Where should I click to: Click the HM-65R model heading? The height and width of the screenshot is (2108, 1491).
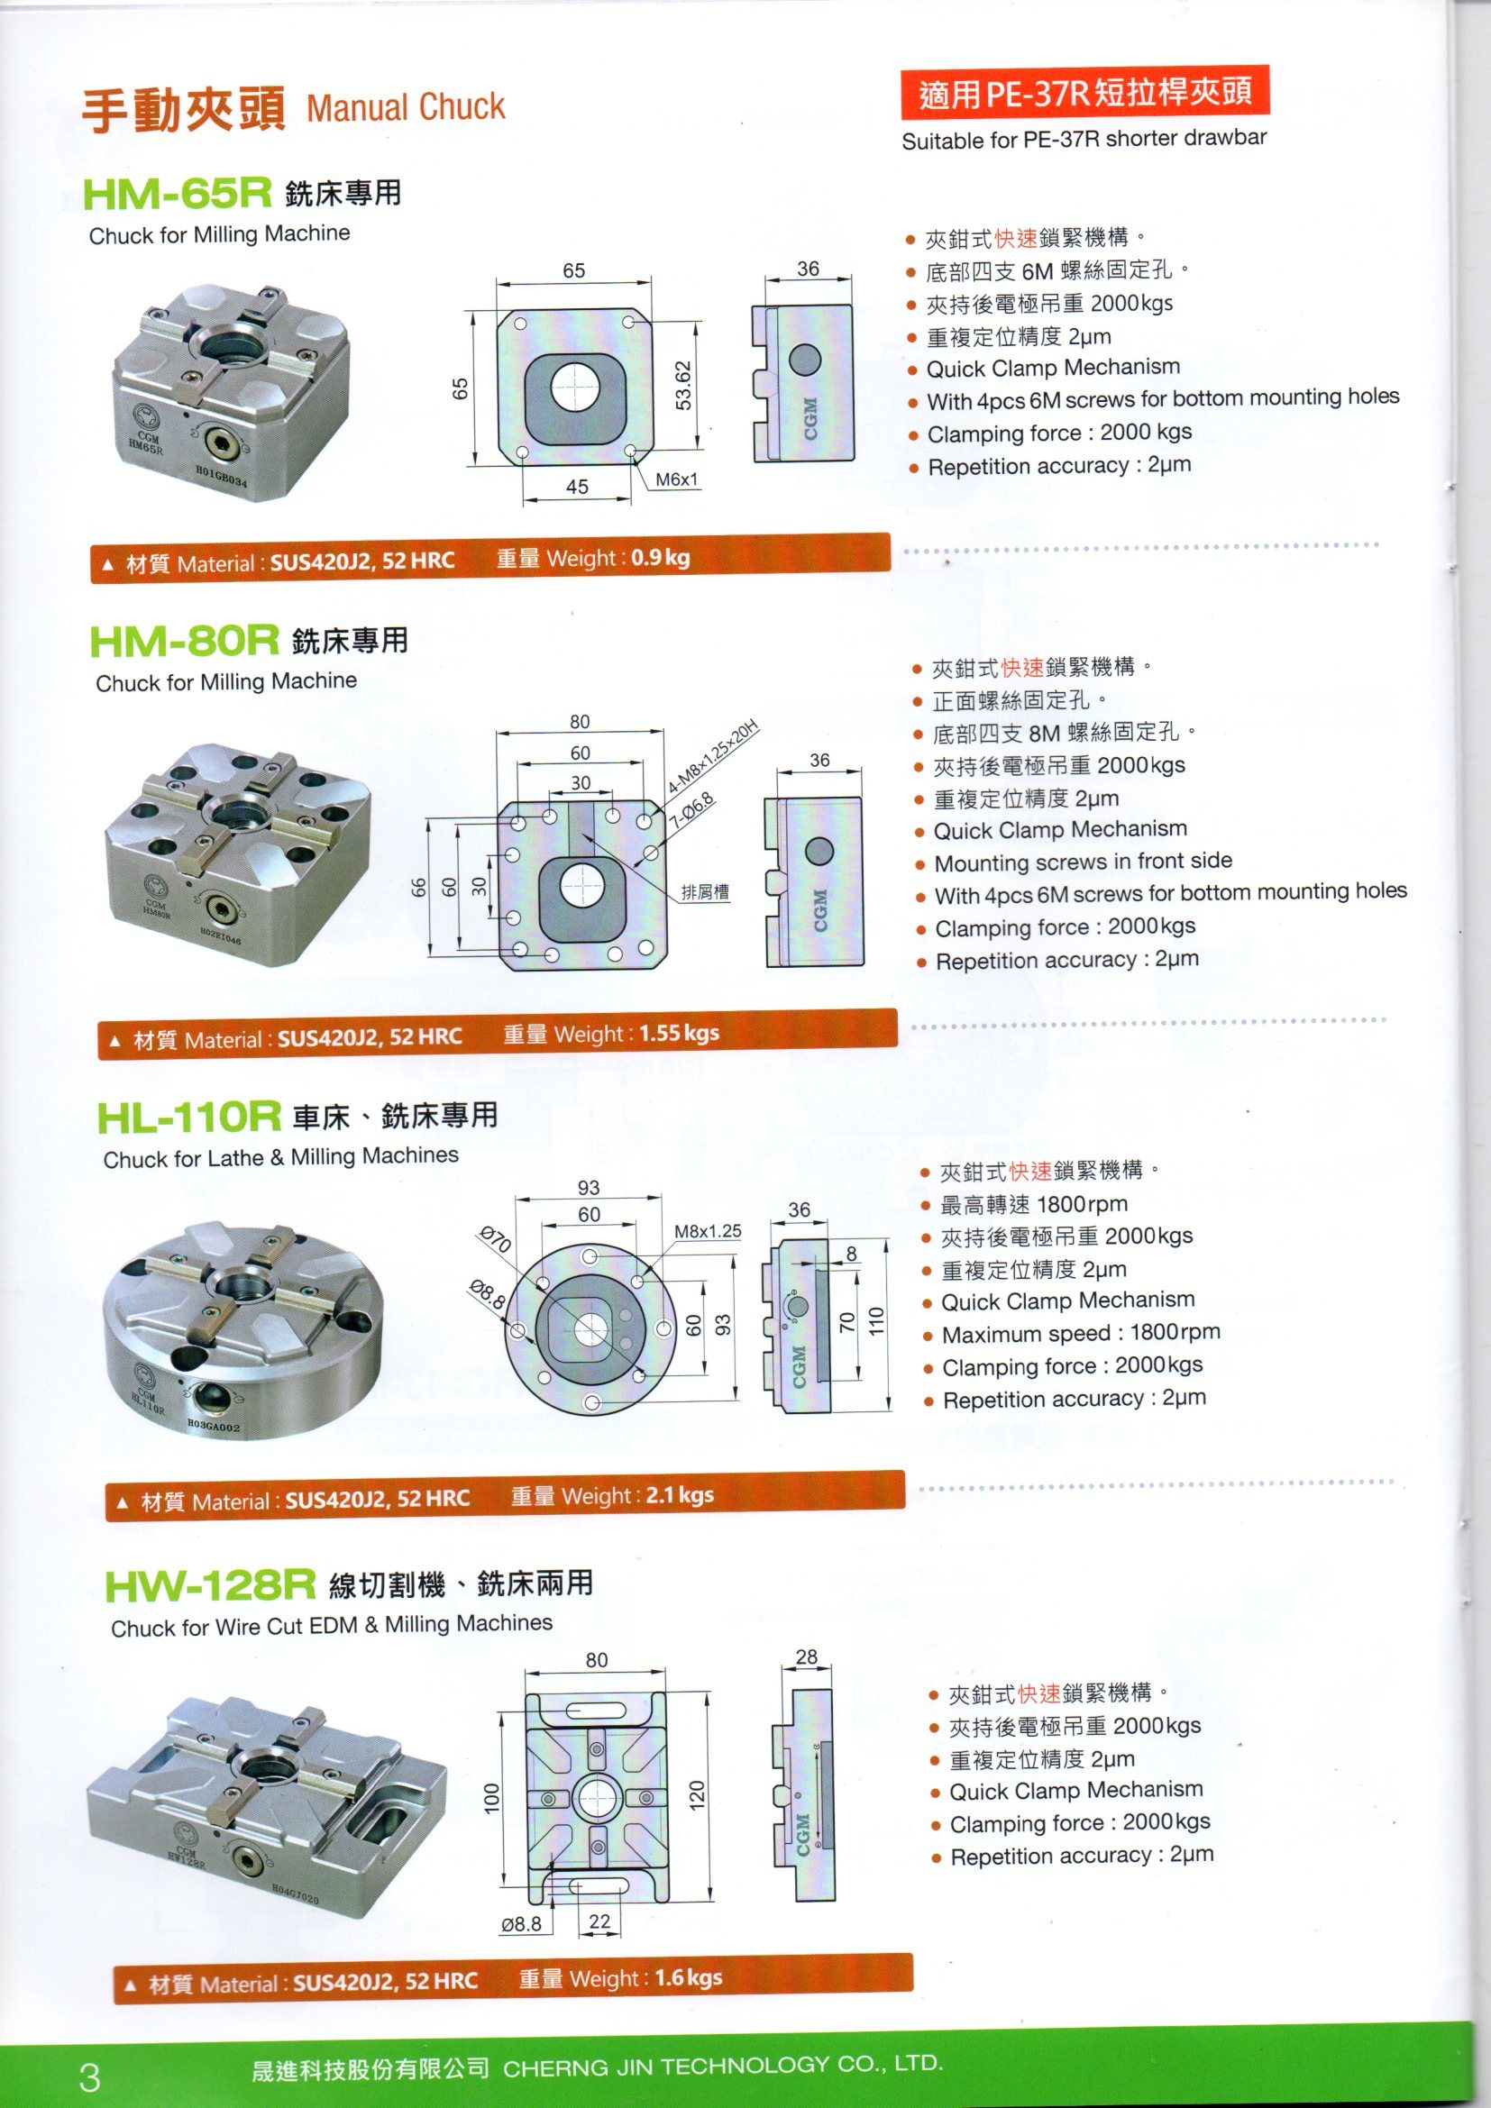click(x=178, y=194)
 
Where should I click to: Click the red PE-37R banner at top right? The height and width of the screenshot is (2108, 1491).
click(x=1084, y=93)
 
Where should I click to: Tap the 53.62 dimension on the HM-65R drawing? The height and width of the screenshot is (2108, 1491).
click(x=683, y=385)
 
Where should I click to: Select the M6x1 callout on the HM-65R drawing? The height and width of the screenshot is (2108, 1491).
click(x=677, y=479)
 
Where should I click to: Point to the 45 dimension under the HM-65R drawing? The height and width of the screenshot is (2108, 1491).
click(x=577, y=488)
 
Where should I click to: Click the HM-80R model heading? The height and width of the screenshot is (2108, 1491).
click(x=184, y=641)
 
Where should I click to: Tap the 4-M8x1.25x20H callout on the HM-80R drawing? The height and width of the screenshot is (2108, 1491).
click(x=713, y=757)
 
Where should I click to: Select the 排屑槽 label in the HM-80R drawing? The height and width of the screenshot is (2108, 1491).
click(x=704, y=891)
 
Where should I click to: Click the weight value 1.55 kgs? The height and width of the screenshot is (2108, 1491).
click(x=679, y=1033)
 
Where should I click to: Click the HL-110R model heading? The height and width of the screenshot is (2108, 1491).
click(x=188, y=1118)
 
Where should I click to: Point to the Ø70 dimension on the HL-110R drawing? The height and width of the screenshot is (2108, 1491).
click(x=496, y=1241)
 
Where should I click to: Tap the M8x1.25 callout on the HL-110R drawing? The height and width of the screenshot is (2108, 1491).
click(x=707, y=1231)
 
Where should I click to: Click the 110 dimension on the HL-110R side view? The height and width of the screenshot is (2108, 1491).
click(x=875, y=1322)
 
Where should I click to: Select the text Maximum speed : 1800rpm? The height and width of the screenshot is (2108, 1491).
click(x=1081, y=1332)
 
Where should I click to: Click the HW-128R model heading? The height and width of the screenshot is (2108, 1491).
click(x=210, y=1584)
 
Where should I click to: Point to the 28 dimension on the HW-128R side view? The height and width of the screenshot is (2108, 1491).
click(x=806, y=1657)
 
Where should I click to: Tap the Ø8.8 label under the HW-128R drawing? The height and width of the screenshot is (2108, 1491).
click(x=520, y=1923)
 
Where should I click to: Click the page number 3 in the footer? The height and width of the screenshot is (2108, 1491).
click(x=90, y=2076)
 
